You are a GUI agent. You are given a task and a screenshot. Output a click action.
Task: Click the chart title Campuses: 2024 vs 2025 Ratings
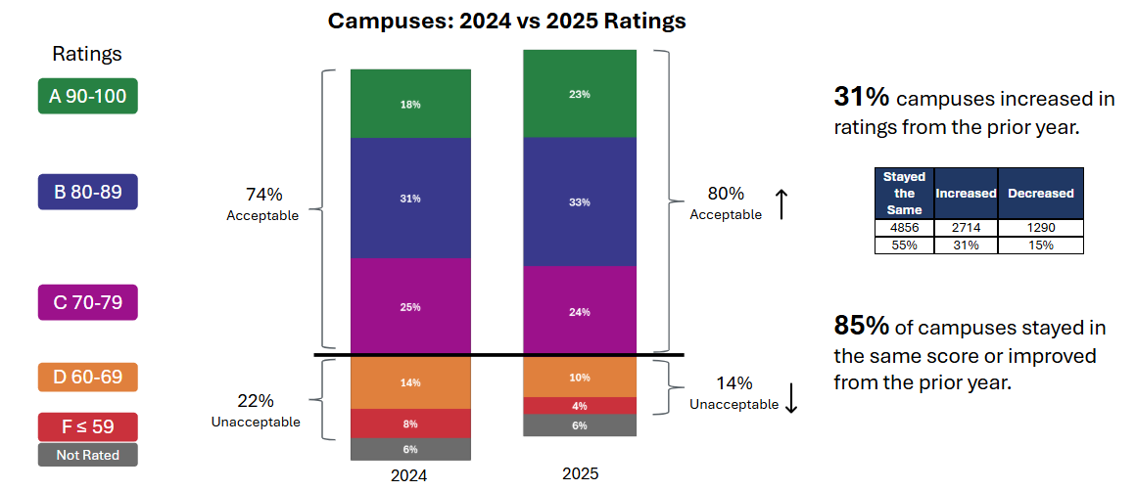[506, 21]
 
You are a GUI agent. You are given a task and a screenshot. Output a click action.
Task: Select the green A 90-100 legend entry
[88, 96]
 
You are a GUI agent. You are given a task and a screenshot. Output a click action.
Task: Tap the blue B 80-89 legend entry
[88, 192]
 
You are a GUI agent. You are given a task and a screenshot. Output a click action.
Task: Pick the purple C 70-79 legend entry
[88, 302]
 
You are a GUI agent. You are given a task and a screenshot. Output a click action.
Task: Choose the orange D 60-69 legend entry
[88, 378]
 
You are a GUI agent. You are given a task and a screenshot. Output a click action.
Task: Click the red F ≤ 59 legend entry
[88, 426]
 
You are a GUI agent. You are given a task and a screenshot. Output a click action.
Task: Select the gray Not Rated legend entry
[88, 455]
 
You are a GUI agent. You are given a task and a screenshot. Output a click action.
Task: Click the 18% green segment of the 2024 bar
[411, 104]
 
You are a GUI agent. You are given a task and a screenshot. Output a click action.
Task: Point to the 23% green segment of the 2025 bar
[580, 94]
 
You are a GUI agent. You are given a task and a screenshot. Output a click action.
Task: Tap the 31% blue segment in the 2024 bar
[411, 199]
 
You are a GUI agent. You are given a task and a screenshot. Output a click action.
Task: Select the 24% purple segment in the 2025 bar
[580, 312]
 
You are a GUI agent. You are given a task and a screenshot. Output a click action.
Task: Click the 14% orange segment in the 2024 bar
[411, 382]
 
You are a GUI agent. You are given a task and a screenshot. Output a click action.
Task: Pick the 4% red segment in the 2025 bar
[580, 406]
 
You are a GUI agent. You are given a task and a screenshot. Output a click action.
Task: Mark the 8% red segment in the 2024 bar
[411, 424]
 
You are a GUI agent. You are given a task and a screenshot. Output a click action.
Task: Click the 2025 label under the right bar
[580, 473]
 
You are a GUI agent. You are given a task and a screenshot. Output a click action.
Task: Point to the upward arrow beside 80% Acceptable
[781, 204]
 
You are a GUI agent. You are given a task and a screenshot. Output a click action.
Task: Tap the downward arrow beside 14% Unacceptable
[791, 396]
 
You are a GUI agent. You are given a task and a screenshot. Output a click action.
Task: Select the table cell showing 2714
[966, 228]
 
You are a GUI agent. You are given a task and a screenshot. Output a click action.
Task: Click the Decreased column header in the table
[1040, 193]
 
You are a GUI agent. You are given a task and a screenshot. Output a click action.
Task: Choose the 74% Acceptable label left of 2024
[261, 203]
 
